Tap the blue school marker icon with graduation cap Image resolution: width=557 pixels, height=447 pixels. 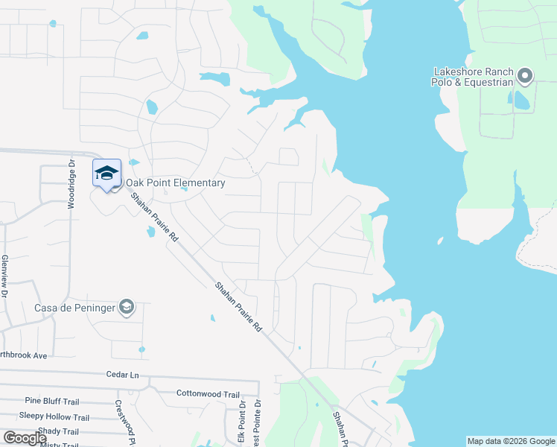coord(106,173)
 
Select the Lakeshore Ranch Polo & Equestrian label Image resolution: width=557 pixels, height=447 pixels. coord(473,77)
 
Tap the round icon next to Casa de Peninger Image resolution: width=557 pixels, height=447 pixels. coord(127,307)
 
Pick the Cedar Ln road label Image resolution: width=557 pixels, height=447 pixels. coord(123,375)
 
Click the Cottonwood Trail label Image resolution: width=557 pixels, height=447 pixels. coord(208,393)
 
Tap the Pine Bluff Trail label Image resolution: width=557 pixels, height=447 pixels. coord(51,401)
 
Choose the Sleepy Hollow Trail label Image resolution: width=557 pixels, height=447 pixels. coord(54,417)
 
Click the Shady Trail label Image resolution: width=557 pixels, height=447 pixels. coord(58,431)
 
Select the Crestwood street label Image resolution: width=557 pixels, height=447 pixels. coord(119,418)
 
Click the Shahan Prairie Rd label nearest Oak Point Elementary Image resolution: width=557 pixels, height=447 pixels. coord(154,218)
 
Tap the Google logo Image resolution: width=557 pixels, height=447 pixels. coord(25,438)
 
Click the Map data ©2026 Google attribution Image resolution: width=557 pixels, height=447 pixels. coord(511,441)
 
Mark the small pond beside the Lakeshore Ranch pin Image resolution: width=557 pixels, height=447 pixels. coord(521,100)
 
